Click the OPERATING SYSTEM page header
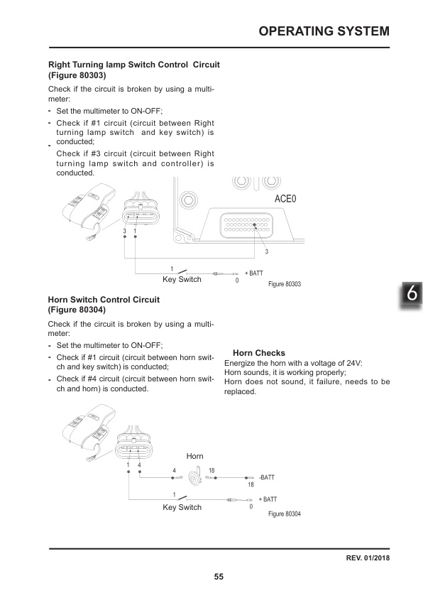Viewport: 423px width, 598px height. pyautogui.click(x=324, y=31)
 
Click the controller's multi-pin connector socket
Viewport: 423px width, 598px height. pyautogui.click(x=246, y=225)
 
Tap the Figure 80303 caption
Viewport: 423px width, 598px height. pyautogui.click(x=285, y=284)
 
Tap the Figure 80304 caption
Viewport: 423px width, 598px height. pyautogui.click(x=285, y=513)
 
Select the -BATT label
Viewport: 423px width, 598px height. pyautogui.click(x=267, y=478)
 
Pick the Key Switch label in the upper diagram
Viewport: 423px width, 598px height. pyautogui.click(x=182, y=279)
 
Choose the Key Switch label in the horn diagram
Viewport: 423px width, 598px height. pyautogui.click(x=182, y=507)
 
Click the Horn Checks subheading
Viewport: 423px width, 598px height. pyautogui.click(x=258, y=353)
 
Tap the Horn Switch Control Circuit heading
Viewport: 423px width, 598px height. pyautogui.click(x=103, y=300)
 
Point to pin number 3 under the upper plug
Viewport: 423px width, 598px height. pyautogui.click(x=124, y=232)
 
